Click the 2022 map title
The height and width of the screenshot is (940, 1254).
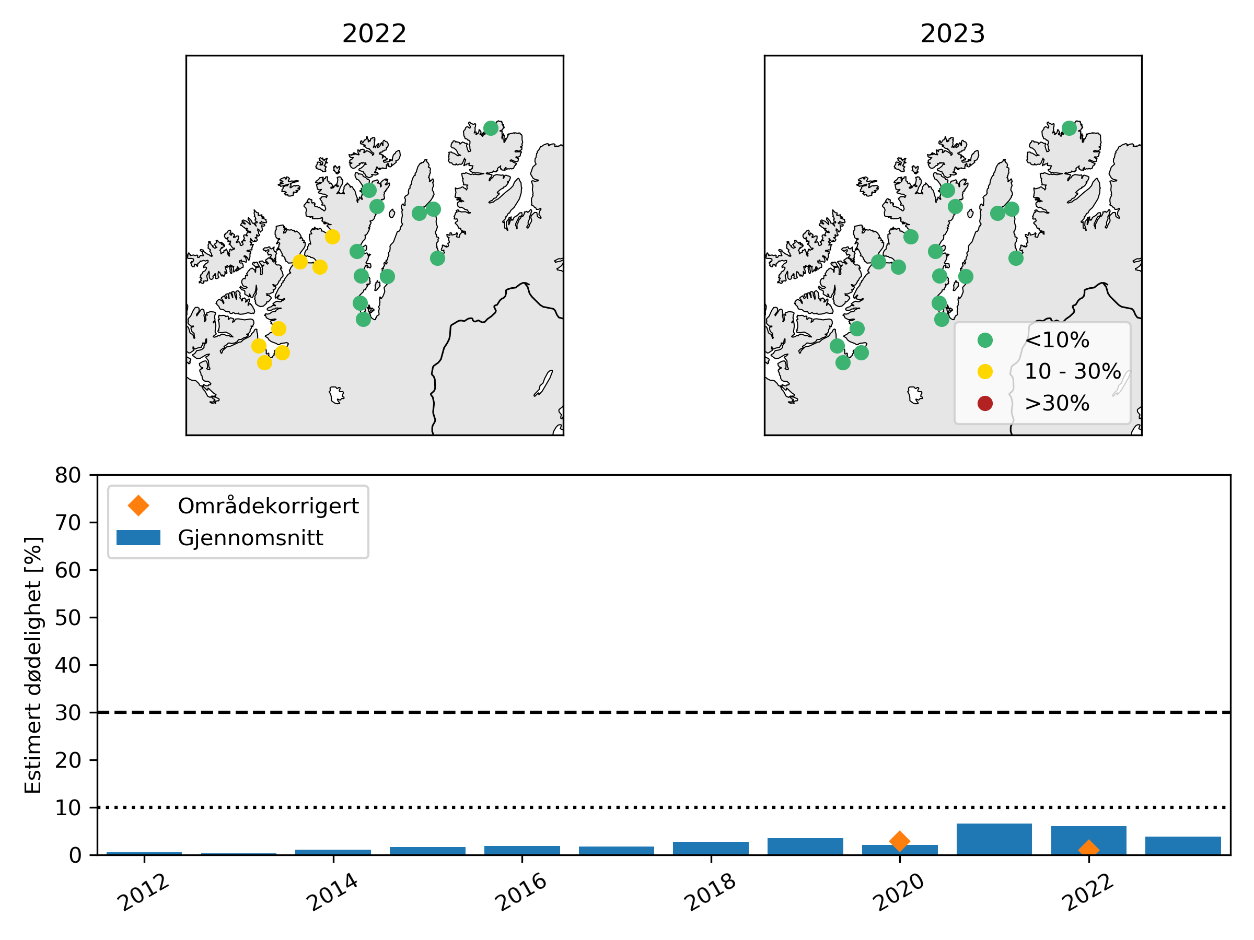[x=374, y=34]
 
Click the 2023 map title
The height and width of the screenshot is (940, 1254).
[x=953, y=34]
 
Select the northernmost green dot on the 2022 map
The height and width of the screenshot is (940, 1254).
[x=491, y=128]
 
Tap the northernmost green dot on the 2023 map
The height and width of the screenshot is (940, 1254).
[x=1069, y=128]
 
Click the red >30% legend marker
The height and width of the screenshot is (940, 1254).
[x=985, y=404]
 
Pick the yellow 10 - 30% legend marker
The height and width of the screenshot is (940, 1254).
[x=985, y=372]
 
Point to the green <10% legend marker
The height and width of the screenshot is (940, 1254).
[x=985, y=340]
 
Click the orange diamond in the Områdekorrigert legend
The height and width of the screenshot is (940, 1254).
[x=138, y=506]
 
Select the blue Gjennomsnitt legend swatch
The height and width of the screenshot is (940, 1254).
[x=138, y=538]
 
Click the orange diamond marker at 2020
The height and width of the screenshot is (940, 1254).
[x=900, y=841]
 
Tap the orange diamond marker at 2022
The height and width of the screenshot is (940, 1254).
[x=1088, y=849]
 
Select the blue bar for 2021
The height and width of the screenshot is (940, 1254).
[x=994, y=839]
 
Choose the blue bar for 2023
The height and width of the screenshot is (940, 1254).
[x=1183, y=845]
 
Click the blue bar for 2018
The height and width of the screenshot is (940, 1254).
[x=711, y=848]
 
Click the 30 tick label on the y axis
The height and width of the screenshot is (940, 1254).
[x=67, y=713]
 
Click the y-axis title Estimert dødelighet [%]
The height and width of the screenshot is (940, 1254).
[x=33, y=665]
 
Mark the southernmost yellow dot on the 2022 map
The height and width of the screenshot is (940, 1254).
[x=264, y=362]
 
